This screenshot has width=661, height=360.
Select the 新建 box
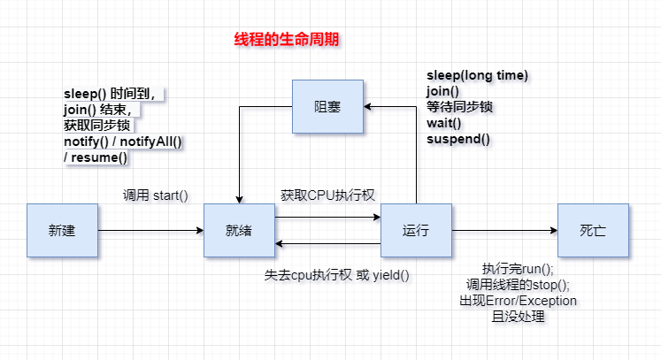62,230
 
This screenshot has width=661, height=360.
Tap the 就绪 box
239,230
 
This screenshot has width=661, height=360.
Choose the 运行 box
416,230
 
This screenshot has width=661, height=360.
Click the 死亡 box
593,230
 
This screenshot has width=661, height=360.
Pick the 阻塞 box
327,106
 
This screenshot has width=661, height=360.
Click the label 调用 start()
155,194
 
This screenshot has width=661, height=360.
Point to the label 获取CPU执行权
328,194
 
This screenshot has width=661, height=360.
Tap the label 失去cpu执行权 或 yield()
337,274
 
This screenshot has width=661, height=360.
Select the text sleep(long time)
477,75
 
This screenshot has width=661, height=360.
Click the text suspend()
458,139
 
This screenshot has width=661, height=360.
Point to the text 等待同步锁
459,107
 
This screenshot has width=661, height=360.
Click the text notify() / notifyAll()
128,142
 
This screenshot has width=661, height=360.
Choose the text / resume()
96,157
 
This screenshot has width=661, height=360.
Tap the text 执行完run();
518,269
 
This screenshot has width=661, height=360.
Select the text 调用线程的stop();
518,285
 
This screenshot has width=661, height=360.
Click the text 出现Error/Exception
518,301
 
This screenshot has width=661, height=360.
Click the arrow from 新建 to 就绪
150,231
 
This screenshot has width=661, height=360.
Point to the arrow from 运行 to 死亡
504,231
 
